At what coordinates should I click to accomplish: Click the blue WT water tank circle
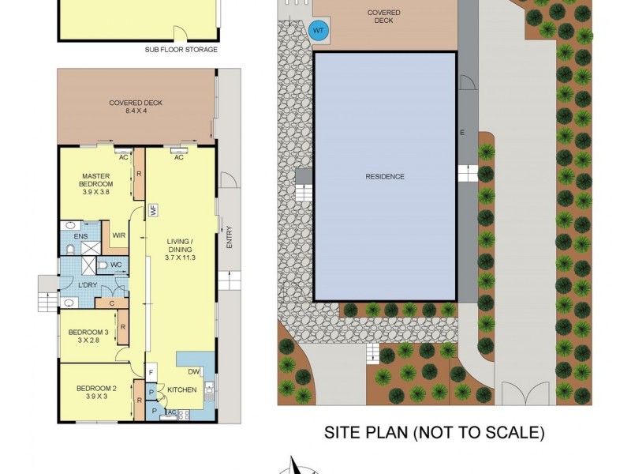click(319, 31)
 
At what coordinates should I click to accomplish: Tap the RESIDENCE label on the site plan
click(386, 177)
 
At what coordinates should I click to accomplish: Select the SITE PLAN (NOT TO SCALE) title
click(435, 432)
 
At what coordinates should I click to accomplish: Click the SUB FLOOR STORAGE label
click(181, 50)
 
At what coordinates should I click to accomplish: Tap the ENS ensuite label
click(80, 236)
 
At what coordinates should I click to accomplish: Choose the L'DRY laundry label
click(87, 284)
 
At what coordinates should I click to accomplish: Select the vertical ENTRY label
click(230, 238)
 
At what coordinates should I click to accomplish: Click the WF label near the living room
click(154, 211)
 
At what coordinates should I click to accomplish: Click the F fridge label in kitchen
click(151, 372)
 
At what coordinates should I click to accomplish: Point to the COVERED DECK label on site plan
click(384, 17)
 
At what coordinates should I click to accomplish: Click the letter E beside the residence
click(463, 133)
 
